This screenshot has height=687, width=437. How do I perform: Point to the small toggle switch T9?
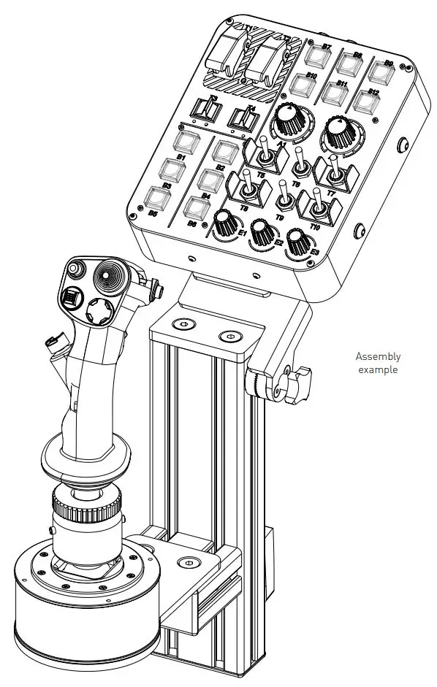282,198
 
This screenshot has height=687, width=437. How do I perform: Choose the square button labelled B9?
379,72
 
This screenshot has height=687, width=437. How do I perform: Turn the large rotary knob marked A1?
289,123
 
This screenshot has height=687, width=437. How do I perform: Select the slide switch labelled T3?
208,110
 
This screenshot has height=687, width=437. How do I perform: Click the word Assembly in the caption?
378,357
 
